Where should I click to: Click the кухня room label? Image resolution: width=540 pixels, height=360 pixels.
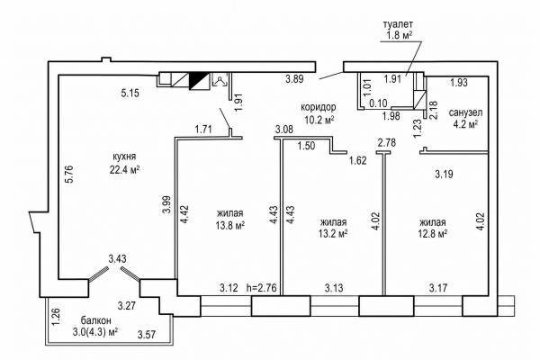click(x=124, y=157)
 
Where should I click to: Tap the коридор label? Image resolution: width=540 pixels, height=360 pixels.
click(x=319, y=107)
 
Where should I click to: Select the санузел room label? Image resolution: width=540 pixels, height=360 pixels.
click(x=465, y=112)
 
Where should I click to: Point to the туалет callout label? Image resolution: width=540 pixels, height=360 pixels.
click(x=398, y=24)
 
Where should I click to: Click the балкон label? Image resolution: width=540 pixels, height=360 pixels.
click(x=96, y=320)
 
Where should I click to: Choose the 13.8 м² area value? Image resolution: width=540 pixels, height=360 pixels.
click(x=230, y=226)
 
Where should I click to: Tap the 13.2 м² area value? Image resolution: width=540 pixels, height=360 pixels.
click(x=333, y=234)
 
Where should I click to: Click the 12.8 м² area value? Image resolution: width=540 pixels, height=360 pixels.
click(x=433, y=234)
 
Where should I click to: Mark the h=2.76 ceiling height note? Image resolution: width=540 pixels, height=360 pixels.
click(x=262, y=288)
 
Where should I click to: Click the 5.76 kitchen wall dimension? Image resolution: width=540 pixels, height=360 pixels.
click(x=69, y=175)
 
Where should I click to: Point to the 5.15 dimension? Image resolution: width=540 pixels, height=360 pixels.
click(x=130, y=93)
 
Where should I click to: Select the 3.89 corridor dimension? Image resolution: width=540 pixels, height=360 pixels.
click(x=294, y=79)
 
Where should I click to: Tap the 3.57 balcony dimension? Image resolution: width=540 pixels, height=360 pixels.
click(x=147, y=335)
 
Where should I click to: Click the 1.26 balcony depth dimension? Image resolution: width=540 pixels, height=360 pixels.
click(x=57, y=317)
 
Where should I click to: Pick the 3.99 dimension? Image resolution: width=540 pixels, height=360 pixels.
click(x=166, y=205)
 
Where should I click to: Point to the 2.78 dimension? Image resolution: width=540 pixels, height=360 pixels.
click(x=387, y=142)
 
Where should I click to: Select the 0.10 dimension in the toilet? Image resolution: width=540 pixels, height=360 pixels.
click(x=378, y=103)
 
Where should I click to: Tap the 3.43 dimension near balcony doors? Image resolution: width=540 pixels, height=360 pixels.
click(x=117, y=258)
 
